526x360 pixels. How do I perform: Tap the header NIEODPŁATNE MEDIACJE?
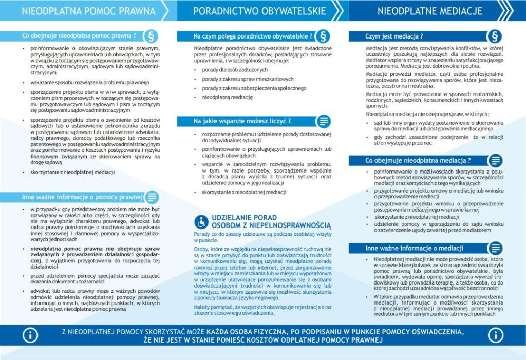point(429,10)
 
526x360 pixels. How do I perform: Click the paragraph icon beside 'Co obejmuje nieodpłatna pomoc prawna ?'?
point(152,36)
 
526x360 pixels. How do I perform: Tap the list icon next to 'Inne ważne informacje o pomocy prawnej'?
point(152,197)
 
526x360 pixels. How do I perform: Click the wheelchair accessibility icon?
point(201,221)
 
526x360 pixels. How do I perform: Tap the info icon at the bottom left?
point(31,335)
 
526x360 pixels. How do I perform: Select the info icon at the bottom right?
point(495,335)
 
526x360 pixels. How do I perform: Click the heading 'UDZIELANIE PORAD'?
point(237,218)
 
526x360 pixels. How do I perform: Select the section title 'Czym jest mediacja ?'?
point(394,36)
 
